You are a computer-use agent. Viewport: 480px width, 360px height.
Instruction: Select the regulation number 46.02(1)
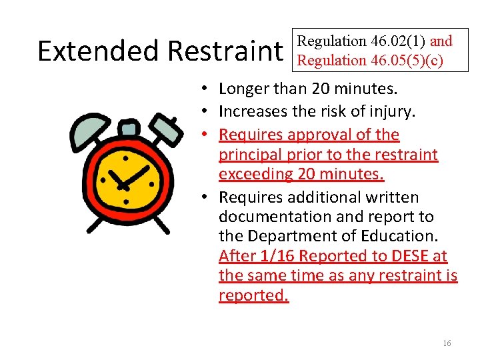pos(391,41)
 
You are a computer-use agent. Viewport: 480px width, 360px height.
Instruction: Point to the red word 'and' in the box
pos(441,41)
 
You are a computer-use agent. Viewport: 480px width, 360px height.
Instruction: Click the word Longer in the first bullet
pos(243,89)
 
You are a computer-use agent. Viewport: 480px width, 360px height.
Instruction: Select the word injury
pos(393,111)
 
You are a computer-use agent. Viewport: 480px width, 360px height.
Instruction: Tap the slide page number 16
pos(447,343)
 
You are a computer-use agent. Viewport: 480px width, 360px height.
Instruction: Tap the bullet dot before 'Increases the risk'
pos(209,111)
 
